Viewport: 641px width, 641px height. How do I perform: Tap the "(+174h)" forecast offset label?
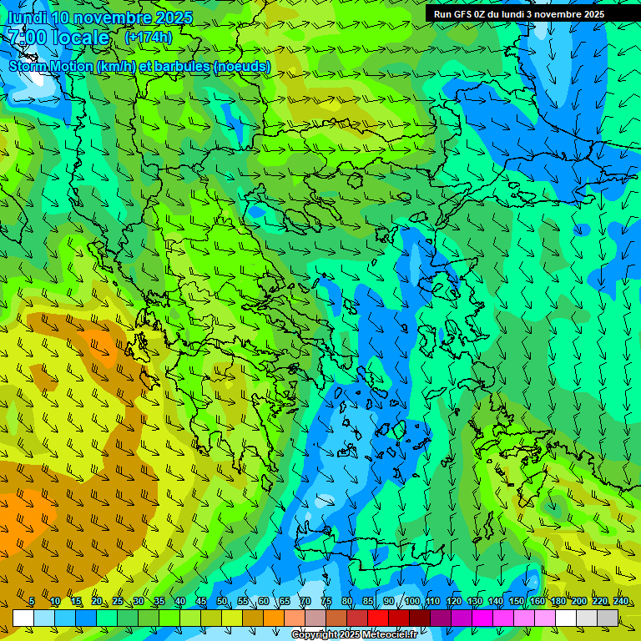[148, 38]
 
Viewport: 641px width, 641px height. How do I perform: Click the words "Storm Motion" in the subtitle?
[51, 66]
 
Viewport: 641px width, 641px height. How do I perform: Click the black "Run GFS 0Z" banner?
[518, 13]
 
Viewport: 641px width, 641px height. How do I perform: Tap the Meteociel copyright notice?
[354, 635]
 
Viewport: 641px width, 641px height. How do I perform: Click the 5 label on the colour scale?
[31, 602]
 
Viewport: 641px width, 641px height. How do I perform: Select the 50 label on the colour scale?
[221, 602]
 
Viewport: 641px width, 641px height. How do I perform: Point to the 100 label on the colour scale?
[412, 602]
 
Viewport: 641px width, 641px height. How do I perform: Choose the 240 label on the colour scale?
[621, 602]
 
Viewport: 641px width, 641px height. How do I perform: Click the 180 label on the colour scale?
[558, 602]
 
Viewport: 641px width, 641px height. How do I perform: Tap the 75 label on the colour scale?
[326, 602]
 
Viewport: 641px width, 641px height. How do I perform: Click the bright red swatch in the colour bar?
[378, 618]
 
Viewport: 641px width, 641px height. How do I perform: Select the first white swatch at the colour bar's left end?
[23, 618]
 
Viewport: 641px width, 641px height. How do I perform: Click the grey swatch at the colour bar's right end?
[608, 618]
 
